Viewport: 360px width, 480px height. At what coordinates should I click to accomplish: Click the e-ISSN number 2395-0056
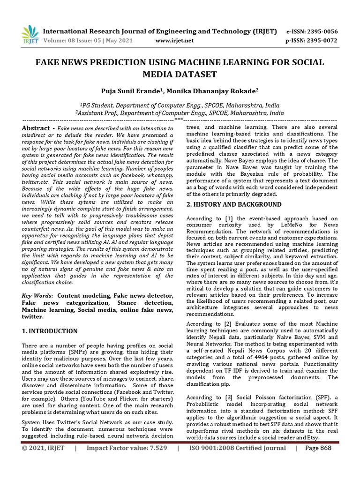pos(322,31)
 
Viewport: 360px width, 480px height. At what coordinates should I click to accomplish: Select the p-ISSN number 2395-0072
pos(322,40)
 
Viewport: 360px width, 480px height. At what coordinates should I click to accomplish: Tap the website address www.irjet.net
pos(174,40)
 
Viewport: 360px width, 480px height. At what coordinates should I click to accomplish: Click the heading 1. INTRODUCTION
pos(50,331)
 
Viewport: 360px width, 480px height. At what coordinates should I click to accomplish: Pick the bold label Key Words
pos(37,296)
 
